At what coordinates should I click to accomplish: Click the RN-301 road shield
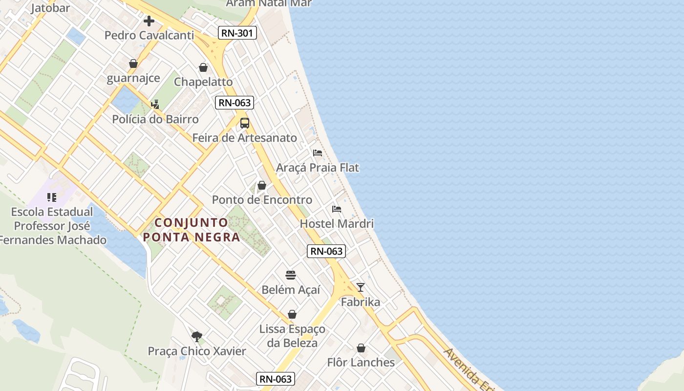point(237,33)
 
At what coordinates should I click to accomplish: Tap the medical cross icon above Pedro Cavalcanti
point(149,21)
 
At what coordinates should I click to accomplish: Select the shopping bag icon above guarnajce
point(133,64)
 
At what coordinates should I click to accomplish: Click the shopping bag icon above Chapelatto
point(203,67)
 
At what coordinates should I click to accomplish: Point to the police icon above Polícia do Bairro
point(155,104)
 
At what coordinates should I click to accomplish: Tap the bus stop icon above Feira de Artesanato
point(245,123)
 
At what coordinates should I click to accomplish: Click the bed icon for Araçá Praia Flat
point(318,152)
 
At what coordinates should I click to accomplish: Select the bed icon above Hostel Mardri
point(337,209)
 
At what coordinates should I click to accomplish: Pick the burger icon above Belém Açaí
point(291,275)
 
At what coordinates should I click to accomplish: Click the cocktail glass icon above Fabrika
point(361,287)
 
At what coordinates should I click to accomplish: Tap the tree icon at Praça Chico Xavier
point(197,336)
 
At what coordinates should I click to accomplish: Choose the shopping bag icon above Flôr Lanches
point(361,348)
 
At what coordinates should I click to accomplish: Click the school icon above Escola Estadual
point(52,197)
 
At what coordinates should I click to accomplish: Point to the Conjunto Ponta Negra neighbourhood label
point(192,230)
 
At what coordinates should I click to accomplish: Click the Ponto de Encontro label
point(262,200)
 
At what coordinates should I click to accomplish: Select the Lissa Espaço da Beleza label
point(292,336)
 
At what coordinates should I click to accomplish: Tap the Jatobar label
point(50,8)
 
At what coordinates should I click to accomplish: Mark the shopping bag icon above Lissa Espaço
point(292,314)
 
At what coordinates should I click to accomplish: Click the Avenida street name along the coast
point(467,368)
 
